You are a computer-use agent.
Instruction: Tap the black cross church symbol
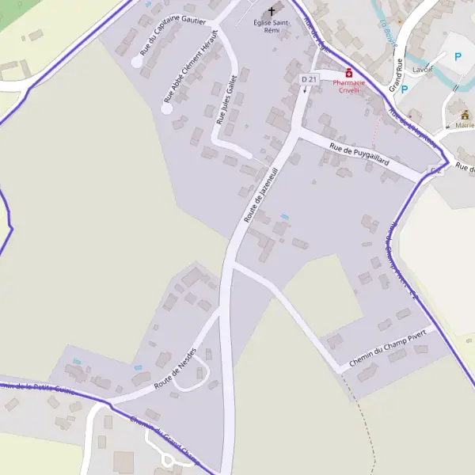click(x=273, y=11)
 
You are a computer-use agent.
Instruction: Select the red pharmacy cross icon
click(x=348, y=73)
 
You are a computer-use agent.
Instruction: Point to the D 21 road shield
click(x=308, y=80)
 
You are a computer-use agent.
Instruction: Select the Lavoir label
click(x=424, y=69)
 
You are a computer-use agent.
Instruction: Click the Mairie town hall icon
click(x=465, y=114)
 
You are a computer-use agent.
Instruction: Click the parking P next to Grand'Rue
click(x=404, y=89)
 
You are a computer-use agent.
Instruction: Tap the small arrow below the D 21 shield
click(x=305, y=90)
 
